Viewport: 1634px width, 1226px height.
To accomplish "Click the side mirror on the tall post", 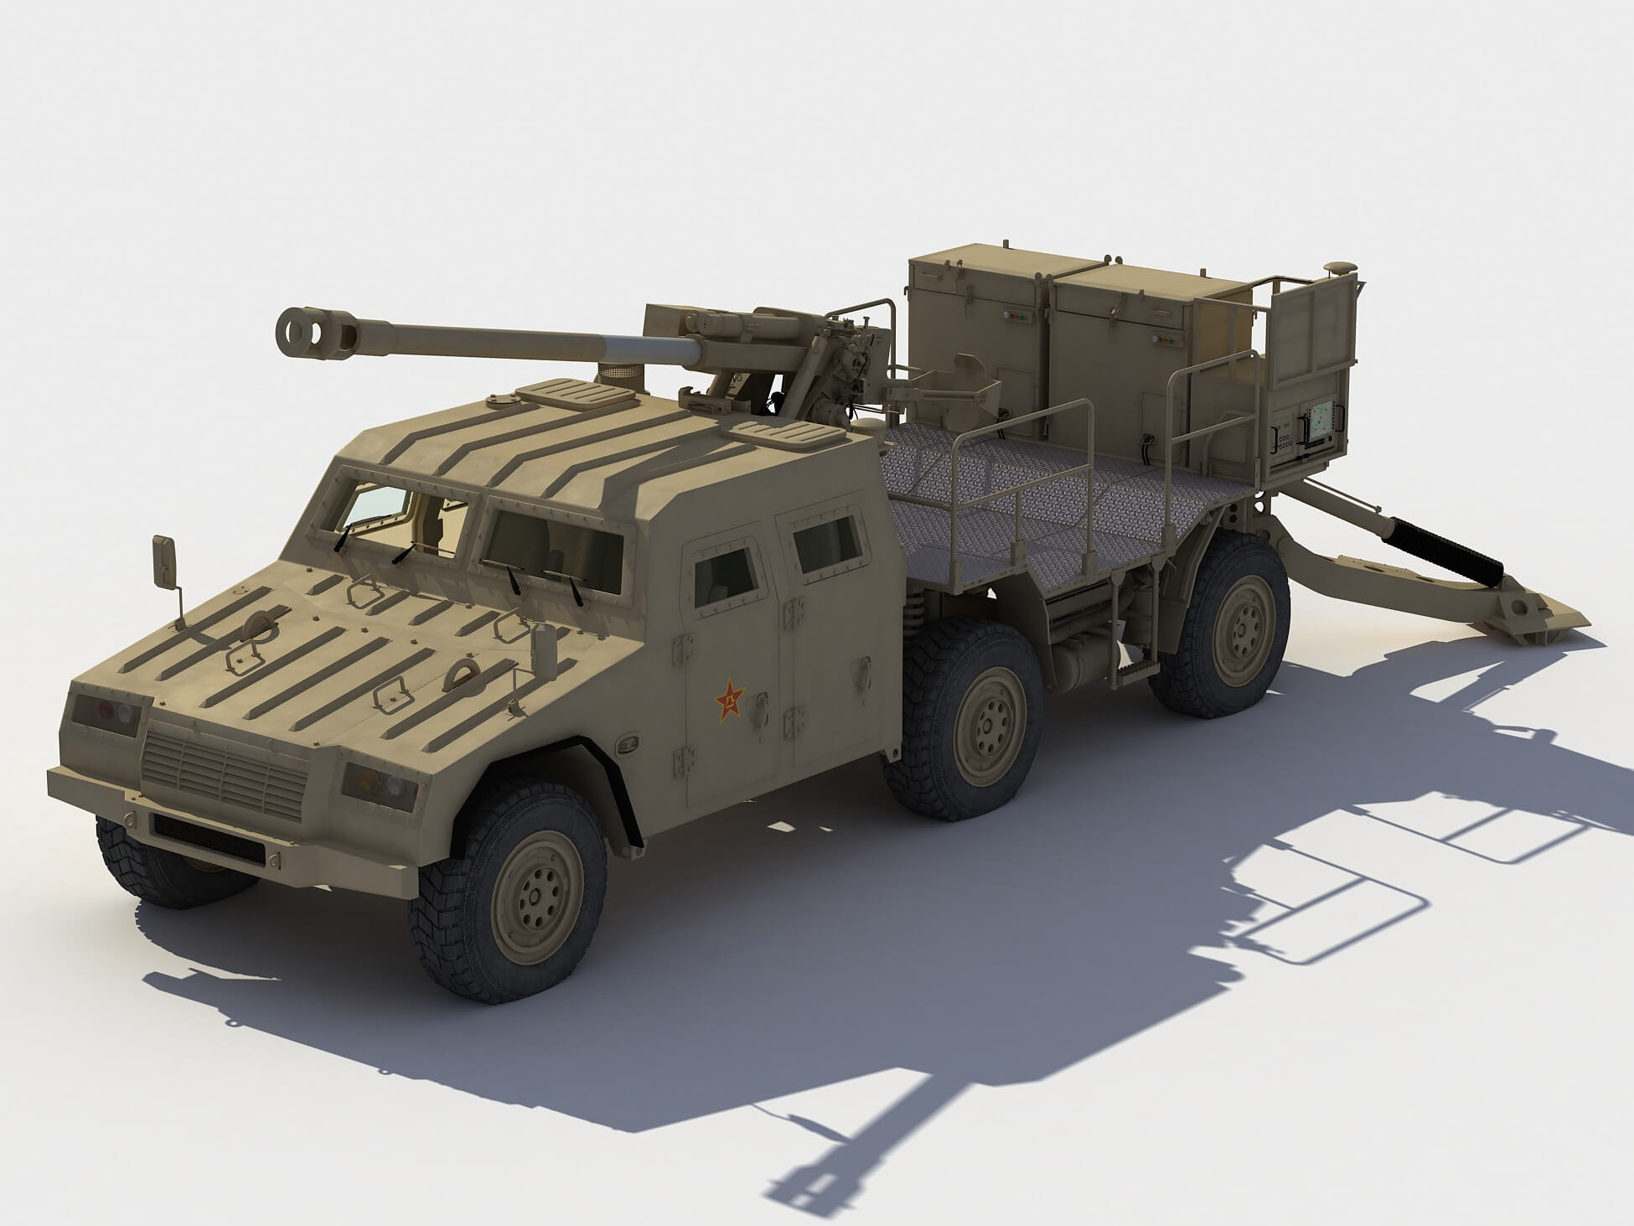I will pos(163,560).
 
